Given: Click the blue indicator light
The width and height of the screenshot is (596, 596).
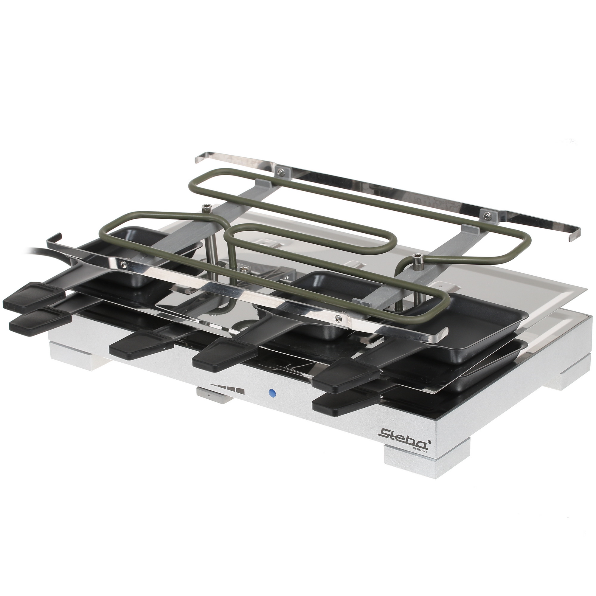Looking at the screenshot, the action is [x=272, y=393].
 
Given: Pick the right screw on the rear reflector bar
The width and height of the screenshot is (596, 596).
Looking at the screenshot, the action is [x=487, y=215].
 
